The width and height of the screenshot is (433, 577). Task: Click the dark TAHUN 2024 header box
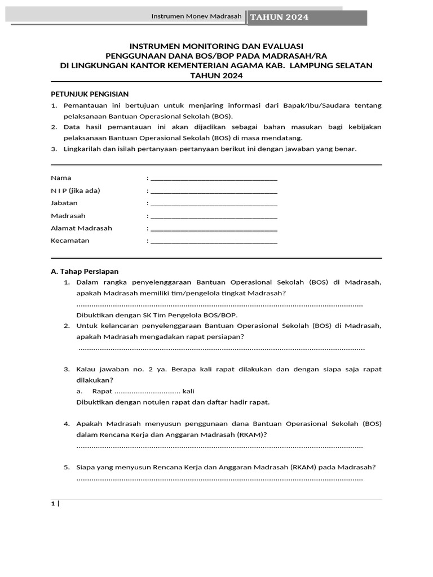point(307,17)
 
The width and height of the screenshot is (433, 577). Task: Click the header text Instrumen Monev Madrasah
point(196,16)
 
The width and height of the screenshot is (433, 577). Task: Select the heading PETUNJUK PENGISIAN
point(90,94)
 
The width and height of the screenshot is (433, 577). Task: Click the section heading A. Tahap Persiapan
point(85,271)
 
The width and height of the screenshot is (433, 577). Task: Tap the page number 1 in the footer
point(54,504)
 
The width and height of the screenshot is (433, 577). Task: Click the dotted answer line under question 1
point(219,305)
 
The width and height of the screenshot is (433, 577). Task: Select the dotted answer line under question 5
point(219,479)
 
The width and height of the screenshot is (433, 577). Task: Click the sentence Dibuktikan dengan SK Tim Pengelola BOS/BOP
point(157,314)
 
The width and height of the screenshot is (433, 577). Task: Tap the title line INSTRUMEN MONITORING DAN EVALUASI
point(216,45)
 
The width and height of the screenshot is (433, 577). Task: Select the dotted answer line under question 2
point(221,349)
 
